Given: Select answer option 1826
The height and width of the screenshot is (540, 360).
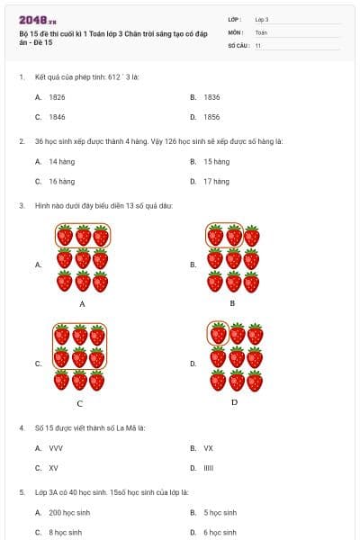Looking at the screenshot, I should tap(57, 96).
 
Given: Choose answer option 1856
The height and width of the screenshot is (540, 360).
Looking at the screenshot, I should tap(211, 117).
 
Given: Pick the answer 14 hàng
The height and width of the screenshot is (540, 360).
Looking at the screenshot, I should tap(61, 162).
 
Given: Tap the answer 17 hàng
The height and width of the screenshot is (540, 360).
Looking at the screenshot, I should tap(216, 181).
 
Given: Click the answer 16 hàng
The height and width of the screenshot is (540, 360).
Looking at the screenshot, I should tap(61, 181).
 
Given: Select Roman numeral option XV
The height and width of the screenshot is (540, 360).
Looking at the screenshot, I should tap(53, 468).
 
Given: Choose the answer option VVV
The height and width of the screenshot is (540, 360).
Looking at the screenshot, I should tap(56, 447).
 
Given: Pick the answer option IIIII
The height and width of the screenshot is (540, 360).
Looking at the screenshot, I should tap(209, 468).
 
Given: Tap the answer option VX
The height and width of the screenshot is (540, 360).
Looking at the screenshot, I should tap(208, 447).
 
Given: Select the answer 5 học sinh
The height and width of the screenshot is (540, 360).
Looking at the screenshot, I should tap(220, 512).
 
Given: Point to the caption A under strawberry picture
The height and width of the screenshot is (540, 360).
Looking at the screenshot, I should tap(82, 304).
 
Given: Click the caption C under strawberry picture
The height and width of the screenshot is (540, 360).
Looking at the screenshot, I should tap(80, 403).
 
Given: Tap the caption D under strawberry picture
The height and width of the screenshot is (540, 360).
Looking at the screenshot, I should tap(234, 401).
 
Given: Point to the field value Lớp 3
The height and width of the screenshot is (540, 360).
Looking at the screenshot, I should tap(262, 19).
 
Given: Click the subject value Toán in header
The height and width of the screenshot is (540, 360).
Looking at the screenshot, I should tap(261, 31).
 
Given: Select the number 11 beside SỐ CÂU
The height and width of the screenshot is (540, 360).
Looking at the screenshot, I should tap(258, 44).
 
